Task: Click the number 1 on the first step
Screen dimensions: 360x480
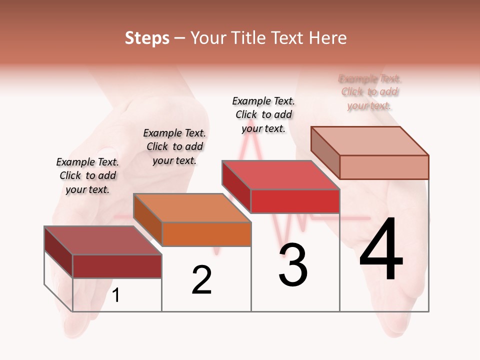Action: (x=116, y=295)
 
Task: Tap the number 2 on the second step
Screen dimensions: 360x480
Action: (x=201, y=280)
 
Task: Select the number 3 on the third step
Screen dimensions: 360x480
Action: (x=293, y=265)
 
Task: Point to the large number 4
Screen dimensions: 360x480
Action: (x=381, y=249)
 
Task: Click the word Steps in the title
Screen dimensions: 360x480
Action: (x=147, y=38)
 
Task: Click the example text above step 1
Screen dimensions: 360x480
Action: (x=88, y=175)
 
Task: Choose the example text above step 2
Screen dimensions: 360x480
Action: (x=174, y=146)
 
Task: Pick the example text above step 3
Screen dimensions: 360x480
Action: (x=263, y=114)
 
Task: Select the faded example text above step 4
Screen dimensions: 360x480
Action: (x=370, y=92)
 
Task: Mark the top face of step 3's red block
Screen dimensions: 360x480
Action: (x=280, y=175)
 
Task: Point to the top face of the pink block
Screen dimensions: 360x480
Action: (x=369, y=140)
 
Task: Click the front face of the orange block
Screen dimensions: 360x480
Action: (x=206, y=234)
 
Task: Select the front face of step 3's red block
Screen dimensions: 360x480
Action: (x=295, y=201)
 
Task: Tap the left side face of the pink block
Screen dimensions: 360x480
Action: (x=325, y=152)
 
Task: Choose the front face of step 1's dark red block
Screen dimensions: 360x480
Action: (x=117, y=266)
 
